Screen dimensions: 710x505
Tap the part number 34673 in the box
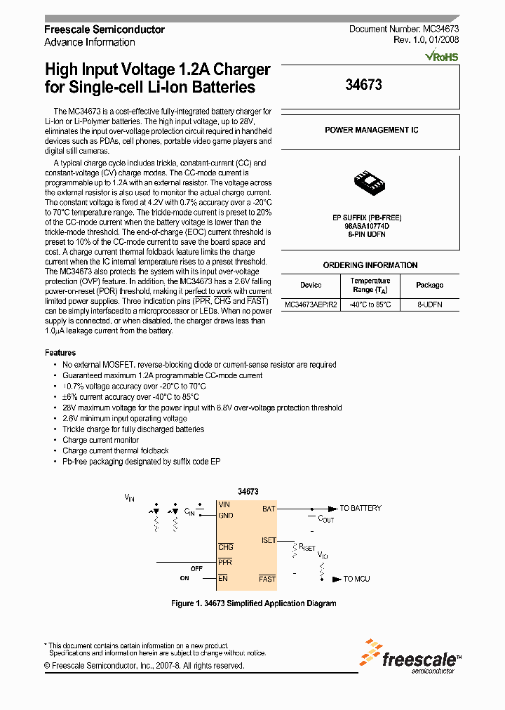tap(364, 85)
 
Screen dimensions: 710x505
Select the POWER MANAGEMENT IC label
tap(372, 130)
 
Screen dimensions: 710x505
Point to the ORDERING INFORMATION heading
tap(370, 265)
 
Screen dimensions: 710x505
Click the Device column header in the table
tap(311, 285)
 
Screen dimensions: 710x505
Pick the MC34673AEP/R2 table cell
tap(311, 305)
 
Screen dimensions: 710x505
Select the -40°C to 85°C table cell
tap(370, 305)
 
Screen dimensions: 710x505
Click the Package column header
tap(429, 285)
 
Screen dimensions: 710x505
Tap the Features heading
tap(60, 353)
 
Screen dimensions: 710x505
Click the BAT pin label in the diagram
tap(269, 509)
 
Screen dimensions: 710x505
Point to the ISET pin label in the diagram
tap(269, 541)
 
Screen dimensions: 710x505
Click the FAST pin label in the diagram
tap(267, 579)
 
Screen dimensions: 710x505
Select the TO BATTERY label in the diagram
tap(361, 508)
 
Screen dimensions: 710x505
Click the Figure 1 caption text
tap(254, 603)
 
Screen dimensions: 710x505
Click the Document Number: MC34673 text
tap(404, 29)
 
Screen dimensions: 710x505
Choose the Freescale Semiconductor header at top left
tap(105, 29)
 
